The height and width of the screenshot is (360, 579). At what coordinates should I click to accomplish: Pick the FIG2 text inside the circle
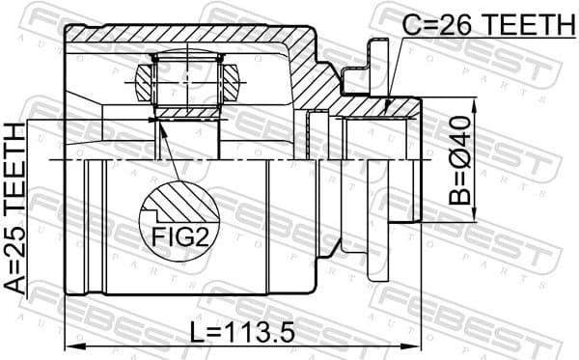click(178, 235)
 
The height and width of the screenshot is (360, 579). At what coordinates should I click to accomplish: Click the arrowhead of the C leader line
click(386, 110)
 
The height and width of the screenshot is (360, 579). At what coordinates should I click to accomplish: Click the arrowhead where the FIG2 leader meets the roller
click(157, 121)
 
